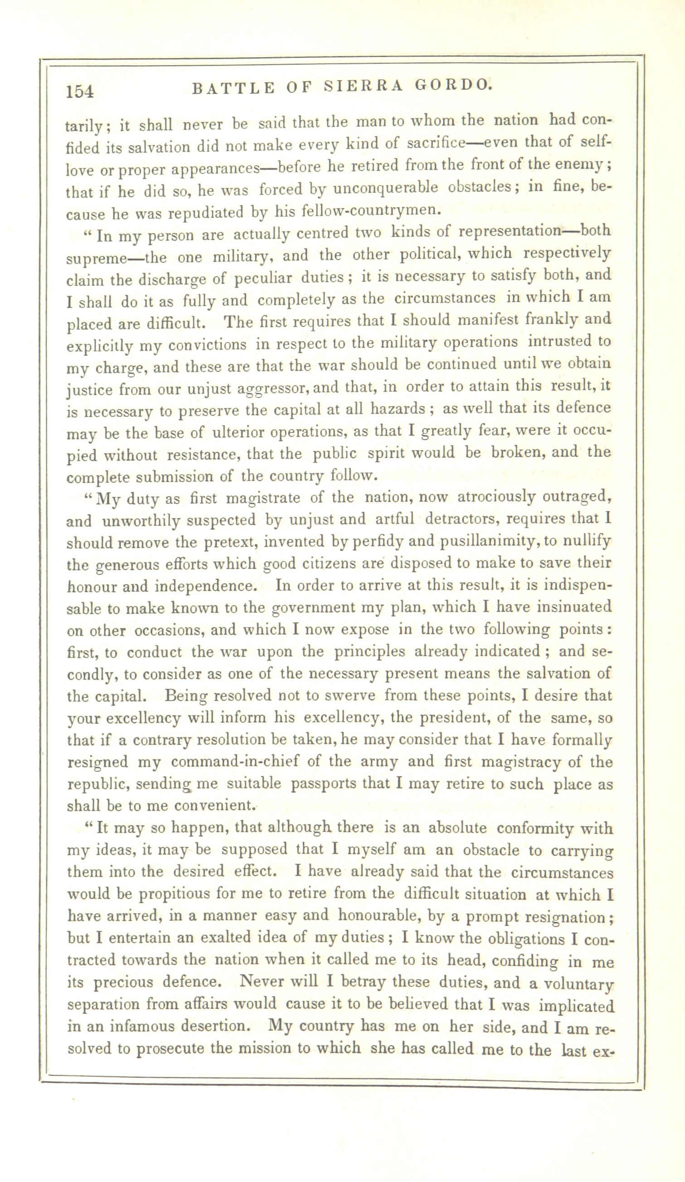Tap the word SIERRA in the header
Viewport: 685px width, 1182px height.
pyautogui.click(x=364, y=86)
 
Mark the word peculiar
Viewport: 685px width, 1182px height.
pyautogui.click(x=263, y=279)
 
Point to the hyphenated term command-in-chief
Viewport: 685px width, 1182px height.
pyautogui.click(x=234, y=762)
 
